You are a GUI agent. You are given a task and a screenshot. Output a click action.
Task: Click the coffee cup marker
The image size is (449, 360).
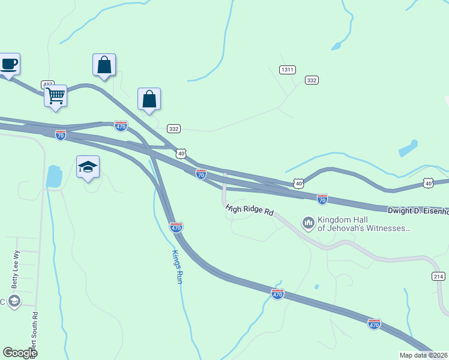9,64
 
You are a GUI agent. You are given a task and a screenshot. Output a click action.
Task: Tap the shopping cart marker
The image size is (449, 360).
55,95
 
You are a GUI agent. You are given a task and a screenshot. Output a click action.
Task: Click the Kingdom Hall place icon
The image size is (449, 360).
309,223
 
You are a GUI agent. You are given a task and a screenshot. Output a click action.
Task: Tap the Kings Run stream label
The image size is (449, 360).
176,266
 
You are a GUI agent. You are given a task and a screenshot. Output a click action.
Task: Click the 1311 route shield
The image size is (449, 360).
288,70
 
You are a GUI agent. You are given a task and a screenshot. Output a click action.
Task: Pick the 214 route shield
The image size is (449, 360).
438,276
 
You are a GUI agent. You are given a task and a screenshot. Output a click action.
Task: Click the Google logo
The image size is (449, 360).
20,353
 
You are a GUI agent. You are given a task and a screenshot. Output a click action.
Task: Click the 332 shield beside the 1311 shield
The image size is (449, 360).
311,80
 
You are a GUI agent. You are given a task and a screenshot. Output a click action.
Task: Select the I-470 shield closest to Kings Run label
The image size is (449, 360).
176,227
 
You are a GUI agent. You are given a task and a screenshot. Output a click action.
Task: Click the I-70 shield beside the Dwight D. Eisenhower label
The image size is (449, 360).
322,198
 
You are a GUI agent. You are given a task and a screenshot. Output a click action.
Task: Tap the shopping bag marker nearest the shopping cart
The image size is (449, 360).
104,65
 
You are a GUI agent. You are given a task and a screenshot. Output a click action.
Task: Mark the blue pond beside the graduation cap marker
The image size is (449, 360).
54,176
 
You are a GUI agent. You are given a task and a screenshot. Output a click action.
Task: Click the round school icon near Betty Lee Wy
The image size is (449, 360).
14,301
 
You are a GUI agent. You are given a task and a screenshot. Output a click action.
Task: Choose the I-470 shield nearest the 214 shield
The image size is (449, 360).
374,324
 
